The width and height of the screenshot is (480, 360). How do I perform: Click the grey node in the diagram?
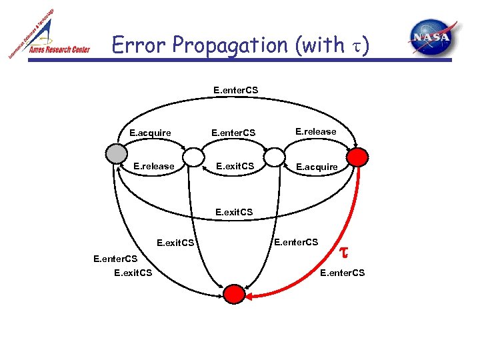(115, 155)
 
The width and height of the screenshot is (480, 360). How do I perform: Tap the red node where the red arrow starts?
(358, 157)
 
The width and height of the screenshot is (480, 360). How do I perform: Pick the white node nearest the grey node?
(193, 157)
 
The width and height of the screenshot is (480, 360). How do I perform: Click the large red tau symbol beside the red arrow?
(343, 251)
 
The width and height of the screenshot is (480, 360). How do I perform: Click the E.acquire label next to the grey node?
(150, 133)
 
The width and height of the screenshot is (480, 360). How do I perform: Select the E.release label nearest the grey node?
(154, 166)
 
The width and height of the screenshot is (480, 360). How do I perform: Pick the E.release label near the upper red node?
(315, 131)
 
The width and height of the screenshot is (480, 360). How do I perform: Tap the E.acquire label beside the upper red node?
(317, 167)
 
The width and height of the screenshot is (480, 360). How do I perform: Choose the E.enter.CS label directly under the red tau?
(343, 272)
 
